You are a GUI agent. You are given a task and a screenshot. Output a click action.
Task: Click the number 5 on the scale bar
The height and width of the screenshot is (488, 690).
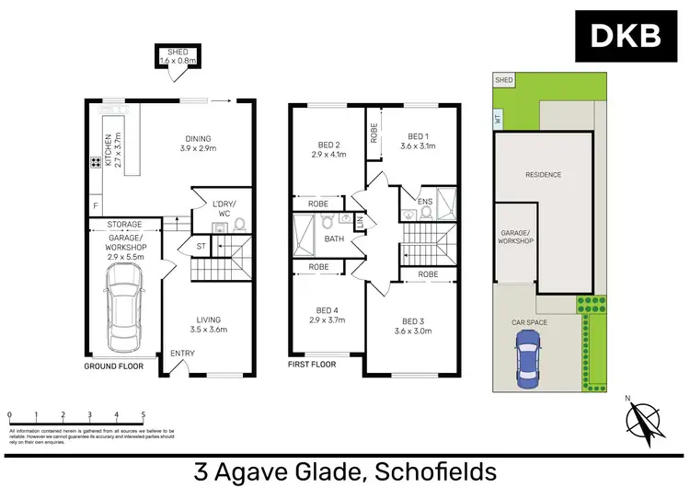(143, 415)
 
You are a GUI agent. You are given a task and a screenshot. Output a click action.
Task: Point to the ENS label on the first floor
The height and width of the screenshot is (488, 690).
(425, 201)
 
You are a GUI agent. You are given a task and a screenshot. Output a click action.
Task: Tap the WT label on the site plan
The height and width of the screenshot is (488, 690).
(498, 118)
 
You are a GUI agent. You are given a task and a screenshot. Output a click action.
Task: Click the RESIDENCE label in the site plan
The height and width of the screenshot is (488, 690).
(543, 175)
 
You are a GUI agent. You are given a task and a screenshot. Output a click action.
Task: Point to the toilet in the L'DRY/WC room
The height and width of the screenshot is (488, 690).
(237, 223)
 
